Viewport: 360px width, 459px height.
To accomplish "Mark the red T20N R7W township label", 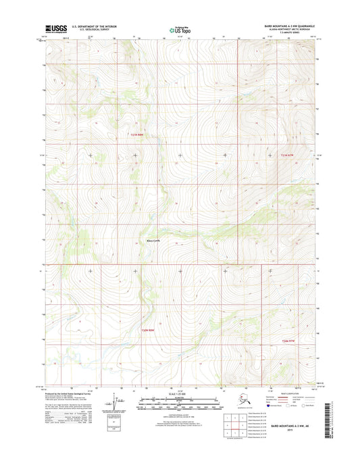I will (x=289, y=341).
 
